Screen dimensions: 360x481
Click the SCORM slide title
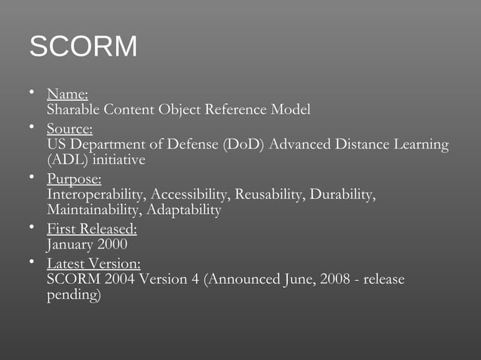83,47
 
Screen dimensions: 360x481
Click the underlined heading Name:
67,95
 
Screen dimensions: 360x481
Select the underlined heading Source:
69,129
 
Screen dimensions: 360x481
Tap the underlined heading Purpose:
74,179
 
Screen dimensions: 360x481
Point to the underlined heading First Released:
91,230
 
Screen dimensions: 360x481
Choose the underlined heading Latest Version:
93,264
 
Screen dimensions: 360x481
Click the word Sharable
73,110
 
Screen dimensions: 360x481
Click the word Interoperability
97,195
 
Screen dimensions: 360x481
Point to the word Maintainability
93,210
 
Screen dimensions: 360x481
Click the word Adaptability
183,210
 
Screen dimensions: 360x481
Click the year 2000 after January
112,245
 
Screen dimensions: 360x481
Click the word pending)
73,295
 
